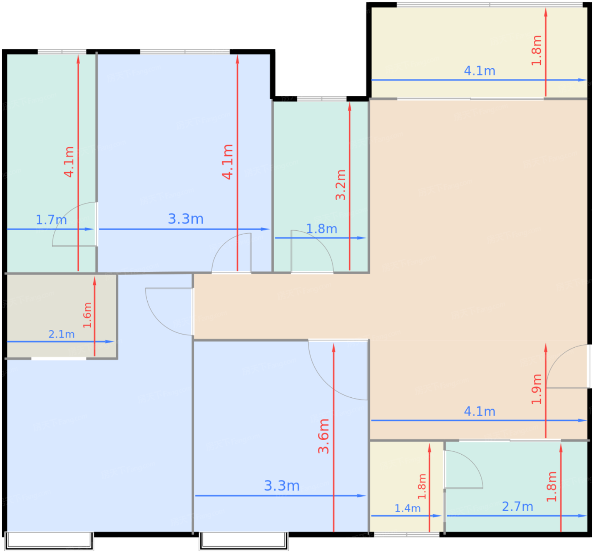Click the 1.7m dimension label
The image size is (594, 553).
click(x=51, y=220)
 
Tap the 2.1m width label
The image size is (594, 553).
click(x=62, y=334)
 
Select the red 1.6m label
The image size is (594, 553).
click(x=87, y=315)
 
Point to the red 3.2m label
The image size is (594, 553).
click(x=341, y=184)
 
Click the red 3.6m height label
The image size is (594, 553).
click(x=324, y=436)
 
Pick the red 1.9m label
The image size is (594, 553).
click(x=537, y=389)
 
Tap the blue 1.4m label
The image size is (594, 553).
click(x=407, y=508)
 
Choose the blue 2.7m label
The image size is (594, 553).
click(x=518, y=506)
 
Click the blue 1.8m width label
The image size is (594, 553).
click(x=322, y=229)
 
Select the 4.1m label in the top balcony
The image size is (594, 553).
click(x=479, y=71)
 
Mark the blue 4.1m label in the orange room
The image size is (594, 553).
click(x=479, y=412)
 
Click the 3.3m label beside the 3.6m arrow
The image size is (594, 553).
click(x=281, y=486)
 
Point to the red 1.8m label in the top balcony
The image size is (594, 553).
click(x=537, y=50)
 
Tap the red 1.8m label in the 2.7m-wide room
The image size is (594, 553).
click(x=552, y=486)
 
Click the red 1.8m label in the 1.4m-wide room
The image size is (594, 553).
click(x=422, y=486)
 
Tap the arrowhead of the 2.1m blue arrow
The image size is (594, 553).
click(x=110, y=341)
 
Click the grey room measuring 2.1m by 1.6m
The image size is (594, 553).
click(x=62, y=316)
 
